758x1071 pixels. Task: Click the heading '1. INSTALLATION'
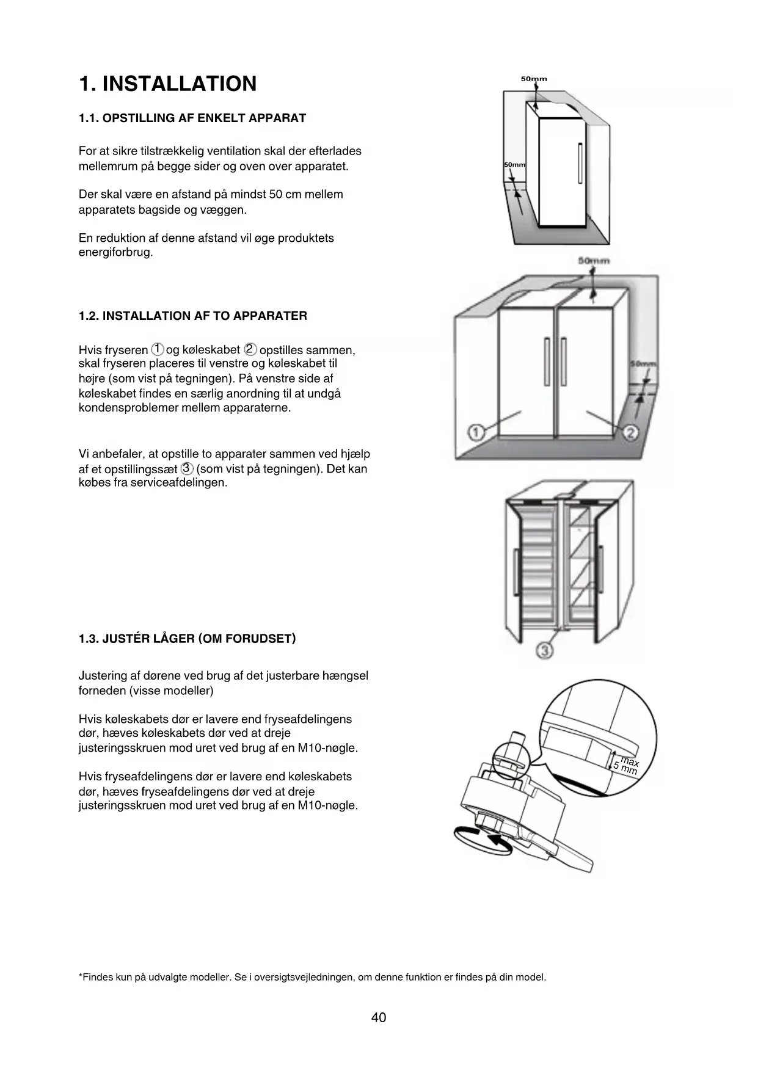[x=168, y=84]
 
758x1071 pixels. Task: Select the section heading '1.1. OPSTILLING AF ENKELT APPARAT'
[x=192, y=118]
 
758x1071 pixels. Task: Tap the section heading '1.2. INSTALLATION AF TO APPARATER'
[x=193, y=316]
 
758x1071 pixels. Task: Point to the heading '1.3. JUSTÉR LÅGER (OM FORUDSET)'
[x=187, y=639]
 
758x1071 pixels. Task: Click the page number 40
[x=379, y=1017]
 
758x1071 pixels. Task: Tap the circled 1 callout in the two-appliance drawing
[x=476, y=432]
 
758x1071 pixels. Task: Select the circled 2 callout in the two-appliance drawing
[x=630, y=433]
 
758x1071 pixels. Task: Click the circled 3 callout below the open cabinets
[x=545, y=650]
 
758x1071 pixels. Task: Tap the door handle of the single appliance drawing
[x=580, y=163]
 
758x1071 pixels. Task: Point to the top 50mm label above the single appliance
[x=534, y=79]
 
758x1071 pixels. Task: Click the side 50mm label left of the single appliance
[x=514, y=165]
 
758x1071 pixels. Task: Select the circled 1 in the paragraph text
[x=158, y=349]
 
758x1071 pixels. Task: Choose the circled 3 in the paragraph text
[x=188, y=469]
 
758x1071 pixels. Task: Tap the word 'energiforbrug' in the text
[x=115, y=253]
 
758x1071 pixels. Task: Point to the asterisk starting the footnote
[x=81, y=976]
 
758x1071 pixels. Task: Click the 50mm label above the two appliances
[x=594, y=261]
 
